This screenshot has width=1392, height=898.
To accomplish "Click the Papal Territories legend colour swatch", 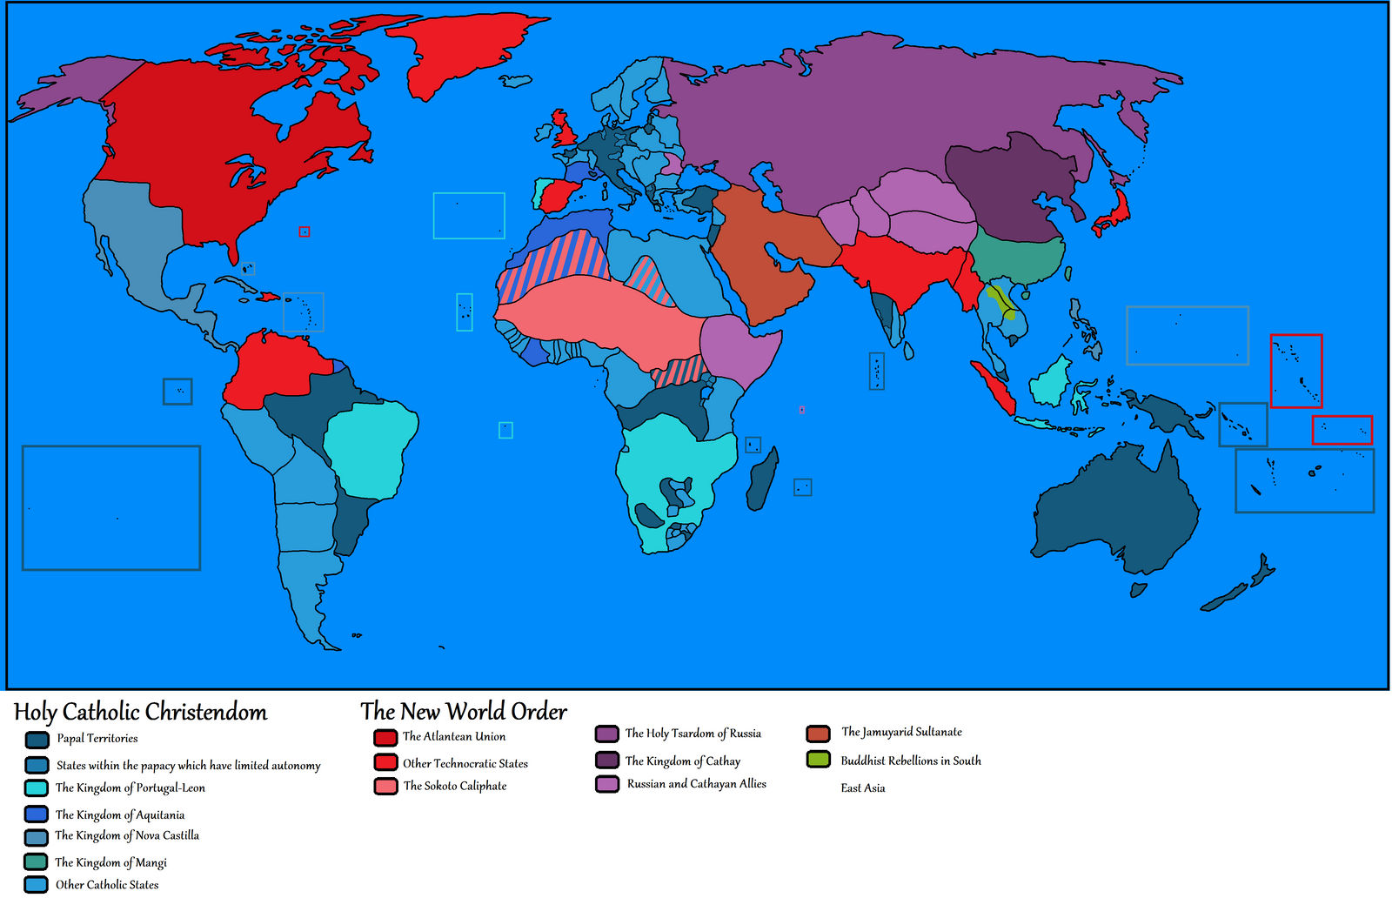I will (37, 740).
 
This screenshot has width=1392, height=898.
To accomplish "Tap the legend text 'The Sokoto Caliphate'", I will (454, 786).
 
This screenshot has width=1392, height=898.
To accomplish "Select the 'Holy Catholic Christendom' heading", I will (141, 712).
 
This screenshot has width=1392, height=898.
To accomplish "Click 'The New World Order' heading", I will (464, 711).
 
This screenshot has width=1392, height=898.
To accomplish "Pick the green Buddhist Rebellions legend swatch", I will (818, 760).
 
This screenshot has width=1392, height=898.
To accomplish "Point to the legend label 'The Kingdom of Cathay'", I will (682, 761).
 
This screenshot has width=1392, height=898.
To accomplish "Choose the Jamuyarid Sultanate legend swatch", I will (818, 734).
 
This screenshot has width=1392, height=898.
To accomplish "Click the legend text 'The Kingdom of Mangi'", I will (110, 862).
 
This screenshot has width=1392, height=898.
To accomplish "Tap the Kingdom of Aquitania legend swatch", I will (37, 814).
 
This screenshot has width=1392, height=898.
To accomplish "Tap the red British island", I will (565, 130).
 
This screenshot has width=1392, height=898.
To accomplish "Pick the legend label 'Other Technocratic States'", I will (465, 763).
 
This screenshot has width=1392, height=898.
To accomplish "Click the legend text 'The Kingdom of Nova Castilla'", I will (127, 835).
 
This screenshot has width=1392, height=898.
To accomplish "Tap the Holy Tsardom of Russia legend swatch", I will (606, 734).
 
